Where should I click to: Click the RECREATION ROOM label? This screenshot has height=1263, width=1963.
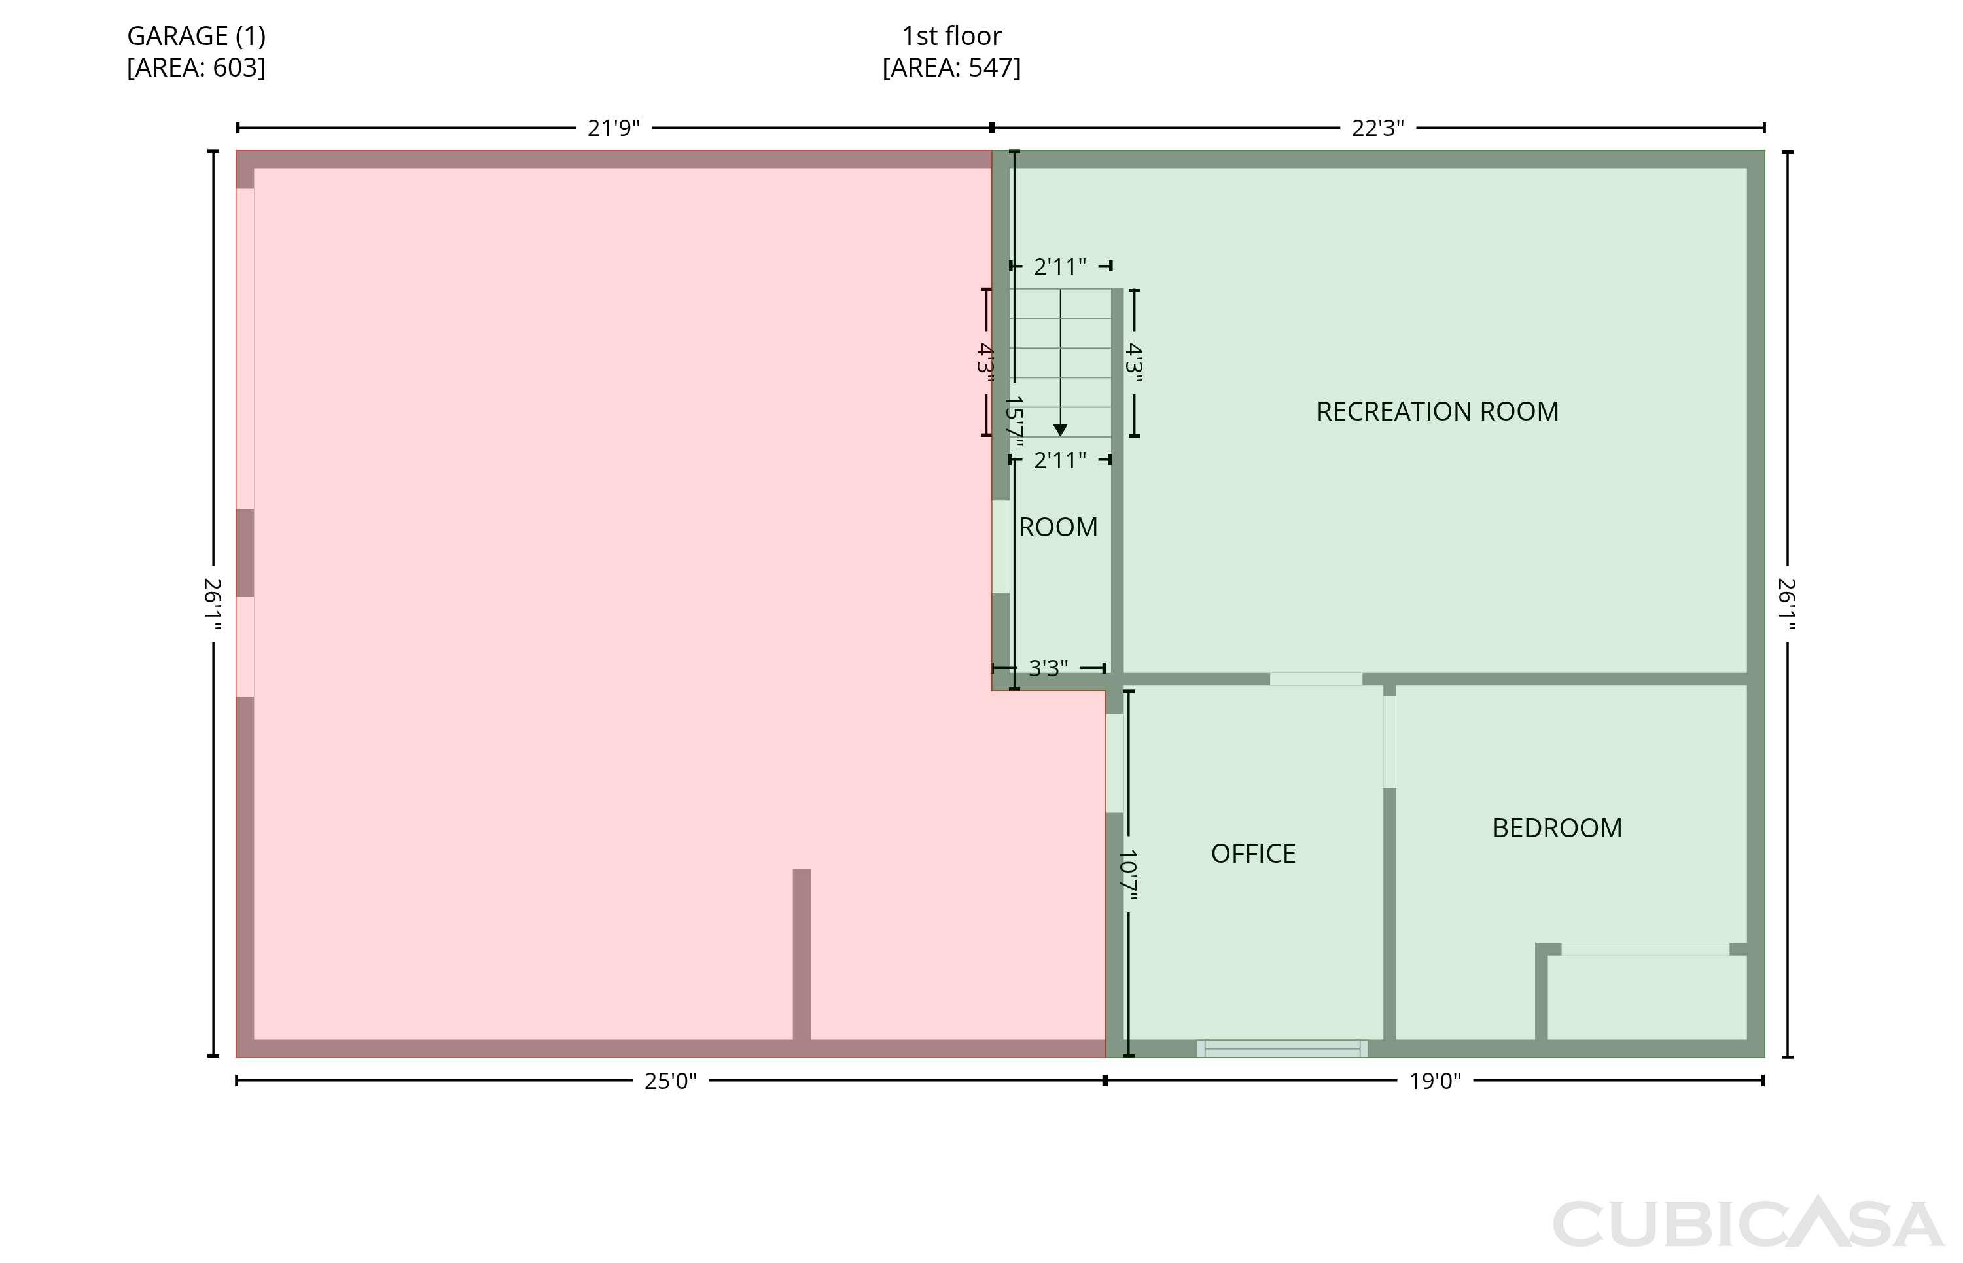[1437, 411]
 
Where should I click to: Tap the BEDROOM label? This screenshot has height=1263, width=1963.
[1557, 827]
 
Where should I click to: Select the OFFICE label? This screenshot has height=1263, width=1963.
[1252, 853]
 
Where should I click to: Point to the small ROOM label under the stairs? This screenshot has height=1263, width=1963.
[1057, 527]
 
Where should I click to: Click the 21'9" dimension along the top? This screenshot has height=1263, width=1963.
[614, 129]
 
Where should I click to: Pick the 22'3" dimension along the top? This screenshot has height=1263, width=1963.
[1377, 129]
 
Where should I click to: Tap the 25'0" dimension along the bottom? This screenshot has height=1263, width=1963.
[670, 1081]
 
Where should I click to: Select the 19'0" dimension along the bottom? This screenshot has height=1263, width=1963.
[1435, 1081]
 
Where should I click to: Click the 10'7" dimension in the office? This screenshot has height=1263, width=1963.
[1128, 875]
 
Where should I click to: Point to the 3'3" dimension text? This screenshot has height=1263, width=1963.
[1048, 668]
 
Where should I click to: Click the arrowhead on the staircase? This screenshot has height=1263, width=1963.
[1060, 430]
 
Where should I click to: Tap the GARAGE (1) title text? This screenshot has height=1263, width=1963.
[196, 36]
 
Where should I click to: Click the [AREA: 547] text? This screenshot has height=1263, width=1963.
[951, 67]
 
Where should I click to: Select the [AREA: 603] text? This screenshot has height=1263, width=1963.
[196, 67]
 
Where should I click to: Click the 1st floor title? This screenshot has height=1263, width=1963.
[951, 36]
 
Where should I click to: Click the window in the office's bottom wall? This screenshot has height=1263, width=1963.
[1282, 1048]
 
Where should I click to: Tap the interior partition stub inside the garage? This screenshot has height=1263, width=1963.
[802, 954]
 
